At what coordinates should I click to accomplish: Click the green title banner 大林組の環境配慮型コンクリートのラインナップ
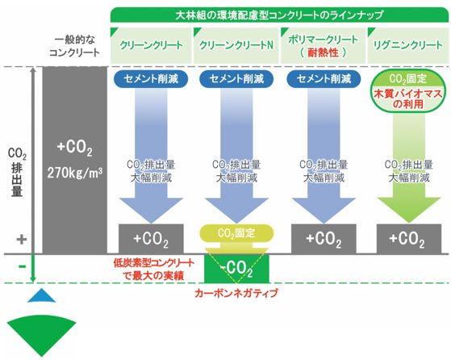279,15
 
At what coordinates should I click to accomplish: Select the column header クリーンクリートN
236,45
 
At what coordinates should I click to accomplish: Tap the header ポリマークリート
323,40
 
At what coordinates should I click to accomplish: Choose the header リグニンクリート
408,45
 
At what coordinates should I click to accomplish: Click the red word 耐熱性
323,52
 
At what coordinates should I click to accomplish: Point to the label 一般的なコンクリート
74,46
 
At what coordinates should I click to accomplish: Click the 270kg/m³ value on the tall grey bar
75,173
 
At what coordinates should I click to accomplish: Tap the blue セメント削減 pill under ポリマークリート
324,79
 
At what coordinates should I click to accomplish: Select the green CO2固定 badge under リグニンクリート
408,78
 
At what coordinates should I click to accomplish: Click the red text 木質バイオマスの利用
408,98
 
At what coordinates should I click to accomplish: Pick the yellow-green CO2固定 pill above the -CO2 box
236,233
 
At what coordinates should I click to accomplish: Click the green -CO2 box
236,269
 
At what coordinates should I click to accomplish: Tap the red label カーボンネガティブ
236,293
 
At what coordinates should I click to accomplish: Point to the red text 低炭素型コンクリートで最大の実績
153,270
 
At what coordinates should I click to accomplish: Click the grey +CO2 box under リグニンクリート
409,239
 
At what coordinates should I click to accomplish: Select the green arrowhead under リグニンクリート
409,210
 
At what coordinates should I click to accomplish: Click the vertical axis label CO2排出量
17,172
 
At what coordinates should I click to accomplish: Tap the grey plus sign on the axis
22,240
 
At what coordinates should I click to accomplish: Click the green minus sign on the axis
22,266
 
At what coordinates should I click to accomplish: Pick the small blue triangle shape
41,296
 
